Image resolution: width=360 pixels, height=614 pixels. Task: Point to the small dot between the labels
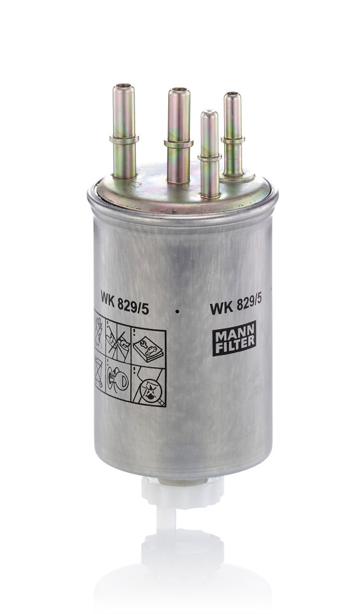click(177, 312)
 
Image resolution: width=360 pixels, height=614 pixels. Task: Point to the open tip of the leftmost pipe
click(123, 87)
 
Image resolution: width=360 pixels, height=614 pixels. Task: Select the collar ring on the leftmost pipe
click(124, 139)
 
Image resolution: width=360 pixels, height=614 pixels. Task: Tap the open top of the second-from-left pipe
click(179, 91)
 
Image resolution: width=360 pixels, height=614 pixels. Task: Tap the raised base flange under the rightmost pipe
click(236, 176)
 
